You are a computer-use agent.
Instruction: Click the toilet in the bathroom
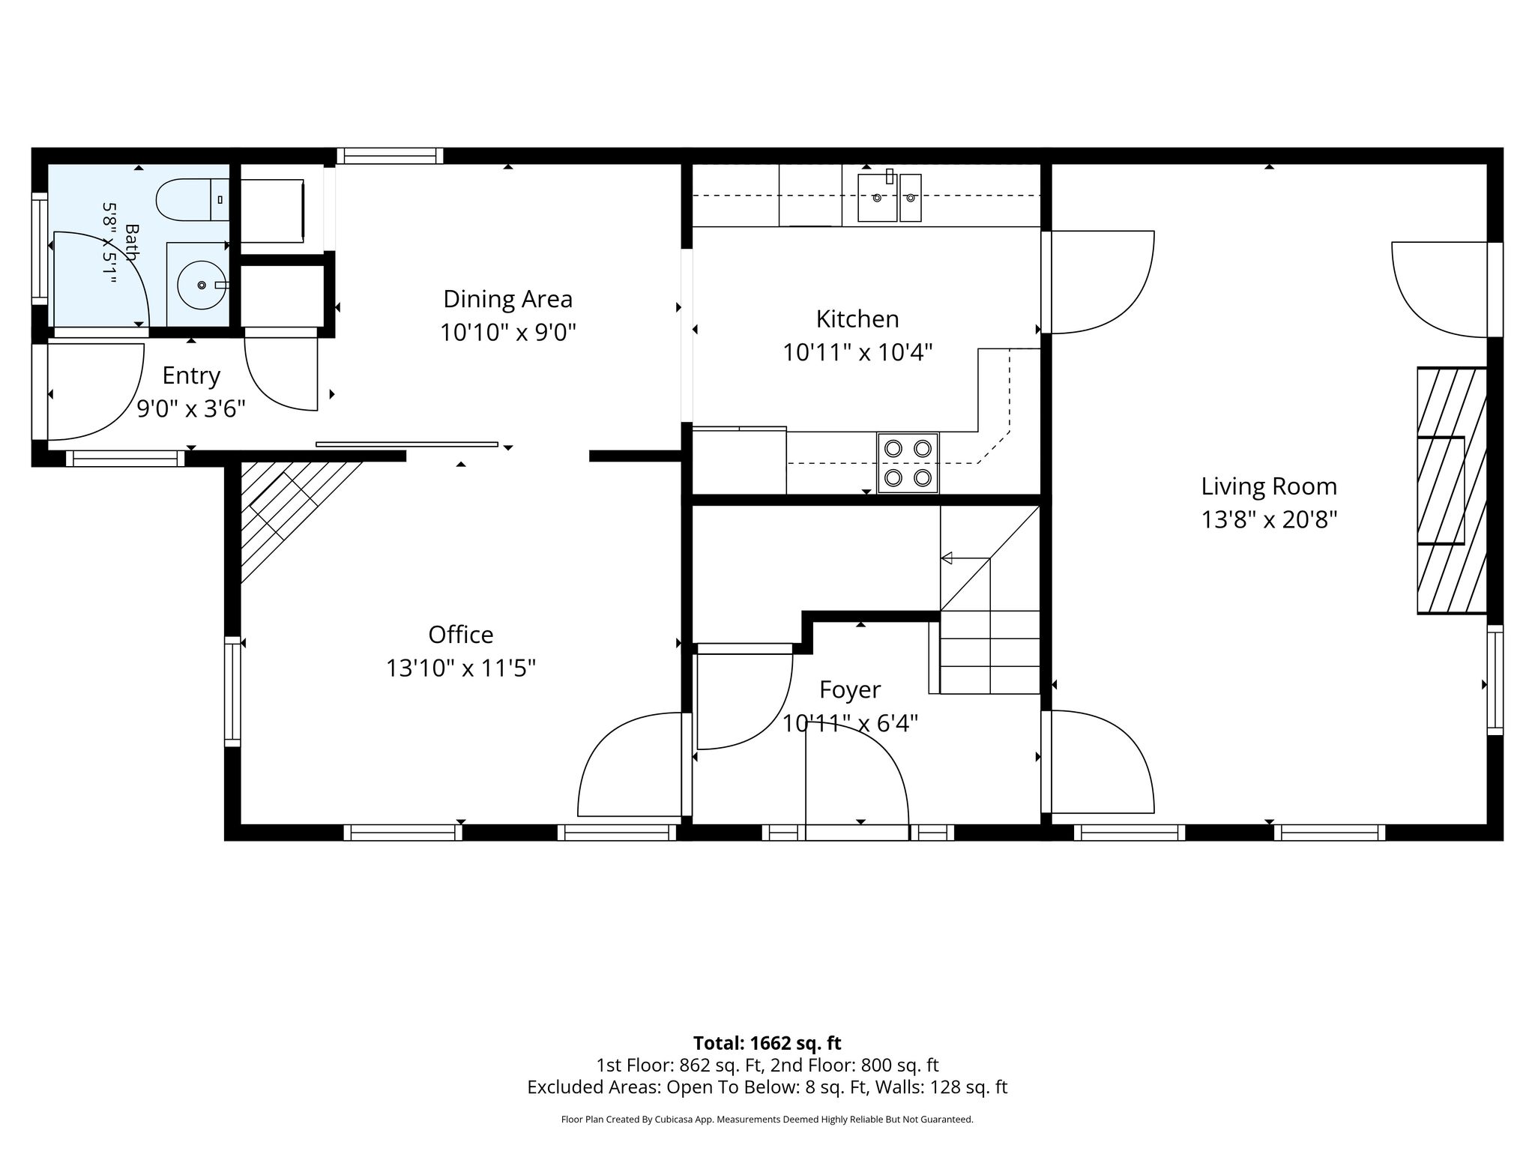(192, 199)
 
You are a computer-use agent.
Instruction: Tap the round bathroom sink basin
(201, 285)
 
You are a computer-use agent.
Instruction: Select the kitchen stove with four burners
(908, 463)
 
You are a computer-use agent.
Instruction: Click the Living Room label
(1269, 486)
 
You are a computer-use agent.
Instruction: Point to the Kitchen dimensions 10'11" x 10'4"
(857, 352)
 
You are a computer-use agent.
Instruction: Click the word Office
(461, 635)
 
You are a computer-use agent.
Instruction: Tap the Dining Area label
(508, 299)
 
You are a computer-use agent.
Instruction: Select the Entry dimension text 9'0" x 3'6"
(191, 408)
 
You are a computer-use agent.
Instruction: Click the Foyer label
(850, 689)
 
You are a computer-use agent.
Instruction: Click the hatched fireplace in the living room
(1452, 490)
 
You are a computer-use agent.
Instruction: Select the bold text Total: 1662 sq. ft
(767, 1043)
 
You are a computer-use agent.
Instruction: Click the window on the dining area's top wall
(390, 156)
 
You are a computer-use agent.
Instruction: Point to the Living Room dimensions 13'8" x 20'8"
(1269, 519)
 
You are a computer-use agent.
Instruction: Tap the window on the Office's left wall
(233, 691)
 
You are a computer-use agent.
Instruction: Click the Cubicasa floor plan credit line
(767, 1120)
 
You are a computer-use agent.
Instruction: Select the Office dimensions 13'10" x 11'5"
(461, 668)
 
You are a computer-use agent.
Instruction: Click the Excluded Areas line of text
(767, 1087)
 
